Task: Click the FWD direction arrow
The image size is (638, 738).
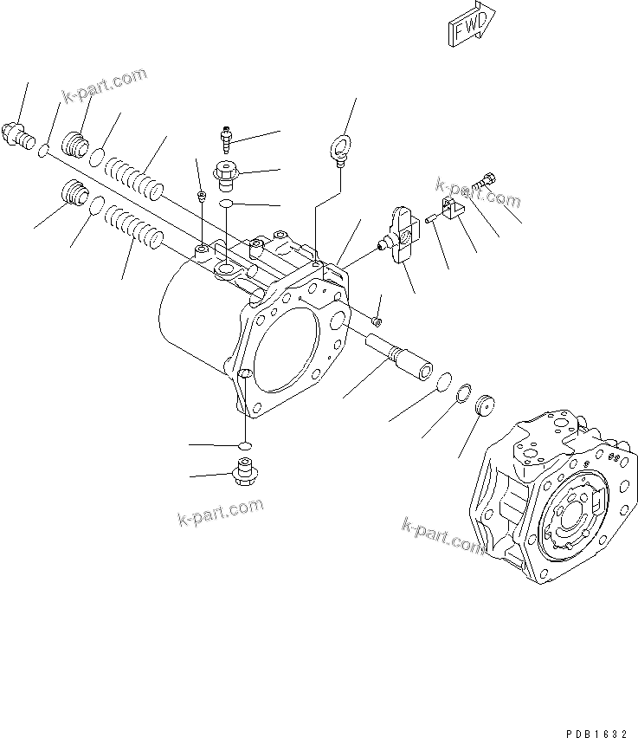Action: (x=470, y=23)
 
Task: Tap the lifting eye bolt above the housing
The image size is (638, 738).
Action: (x=338, y=143)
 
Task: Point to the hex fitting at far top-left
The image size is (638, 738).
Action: (x=19, y=133)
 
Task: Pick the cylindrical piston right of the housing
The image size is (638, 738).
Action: (x=399, y=354)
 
